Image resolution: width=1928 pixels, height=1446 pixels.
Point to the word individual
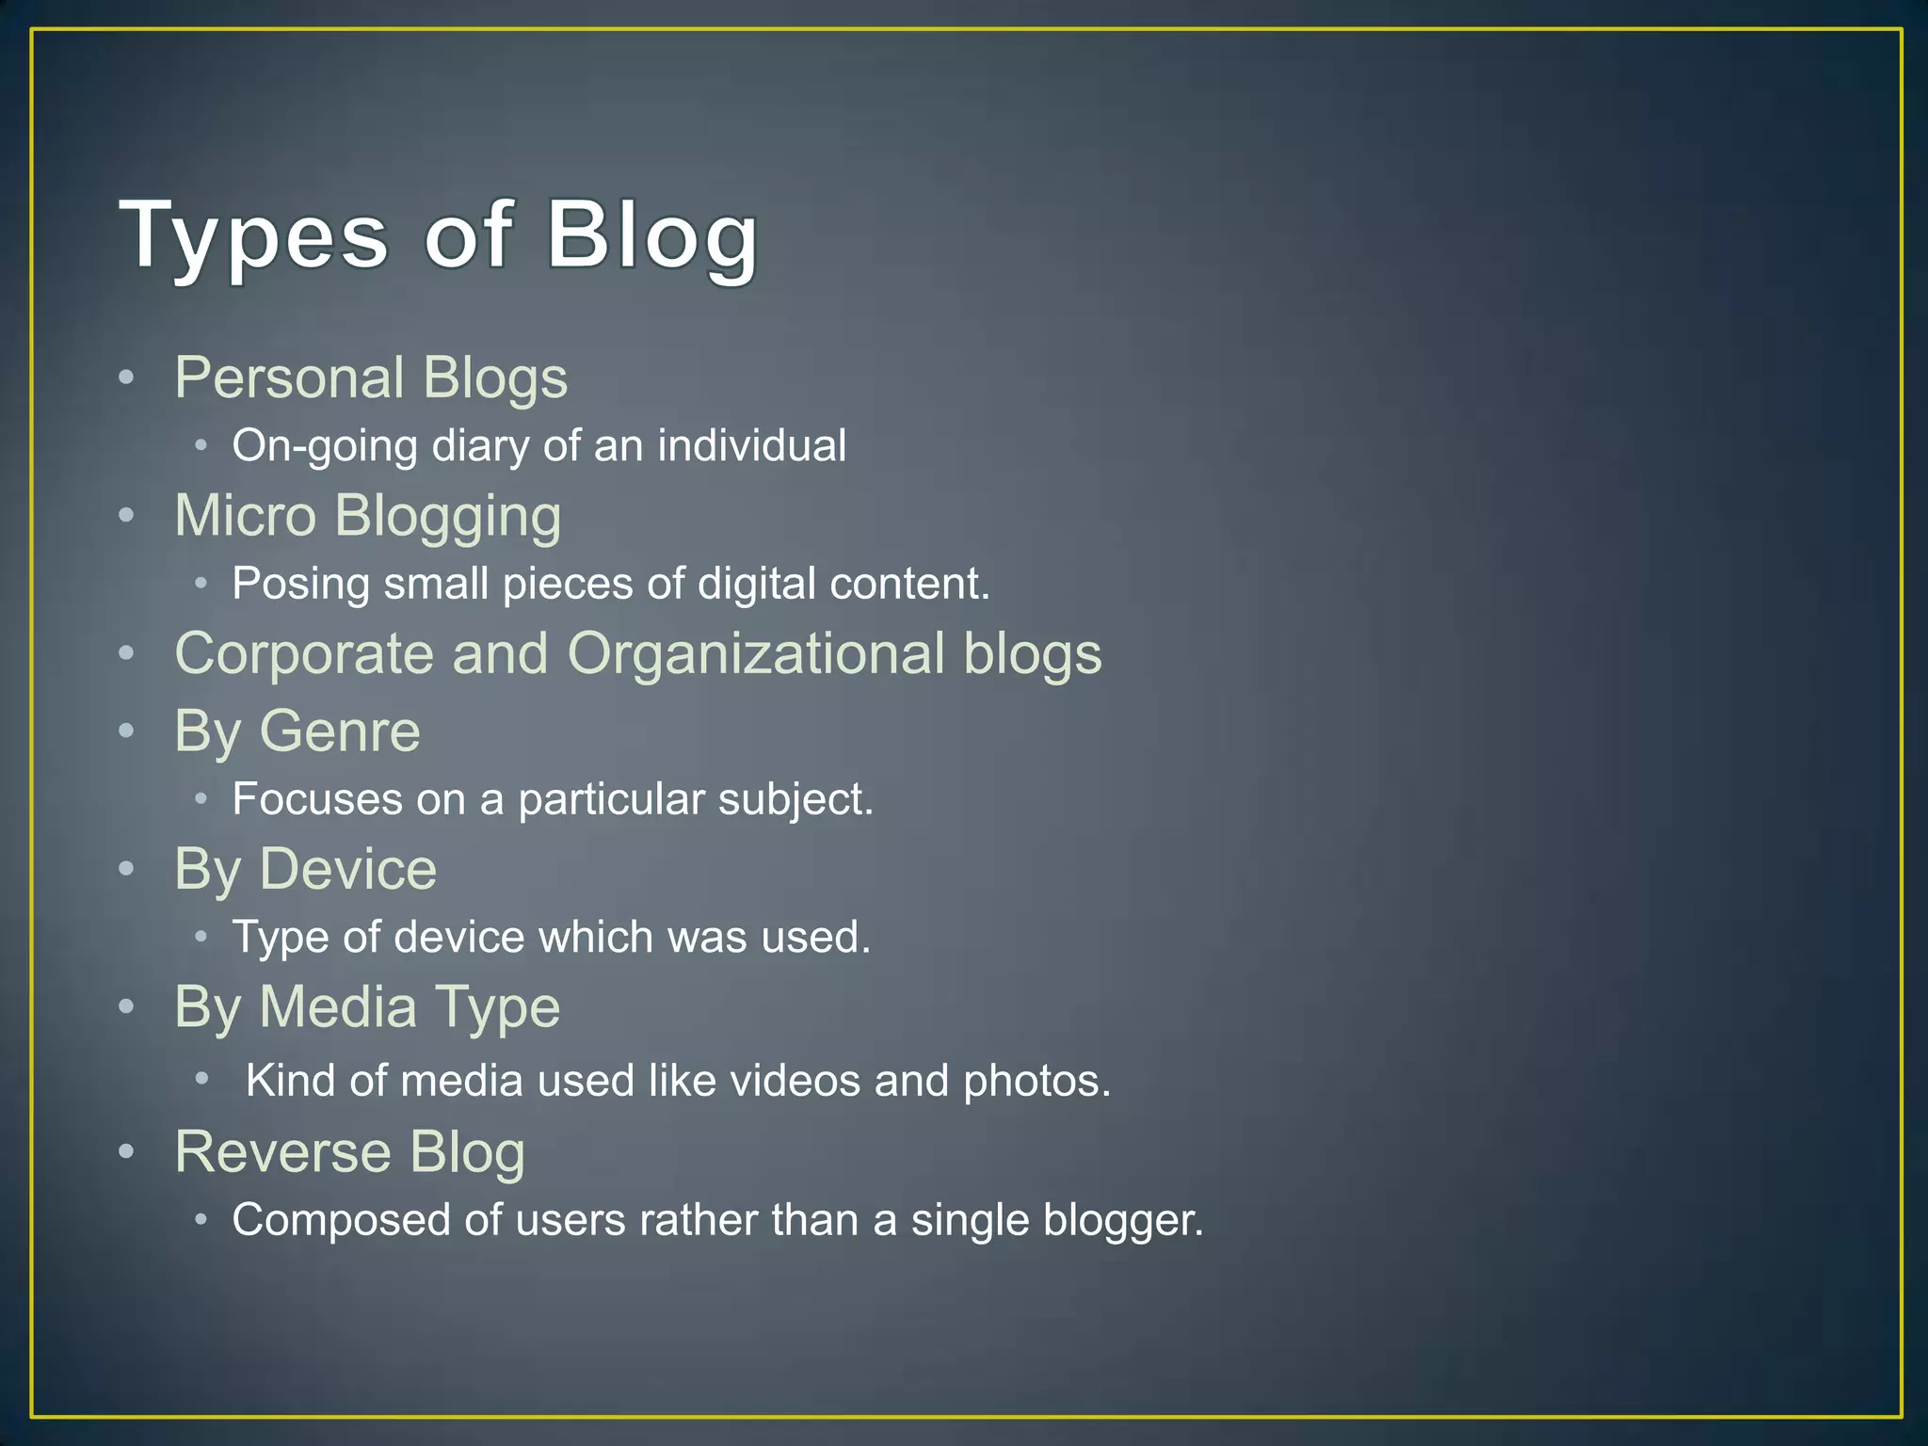pos(751,446)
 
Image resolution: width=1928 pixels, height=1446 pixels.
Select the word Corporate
pos(304,654)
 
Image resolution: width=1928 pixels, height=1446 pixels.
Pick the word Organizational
pos(755,654)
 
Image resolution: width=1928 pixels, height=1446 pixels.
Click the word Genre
pos(339,731)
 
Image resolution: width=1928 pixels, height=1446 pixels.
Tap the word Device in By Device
pos(347,869)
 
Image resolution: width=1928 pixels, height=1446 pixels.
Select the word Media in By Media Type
pos(338,1007)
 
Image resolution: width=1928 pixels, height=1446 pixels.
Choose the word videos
pos(795,1081)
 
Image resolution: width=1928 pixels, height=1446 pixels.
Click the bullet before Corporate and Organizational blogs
pos(127,653)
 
